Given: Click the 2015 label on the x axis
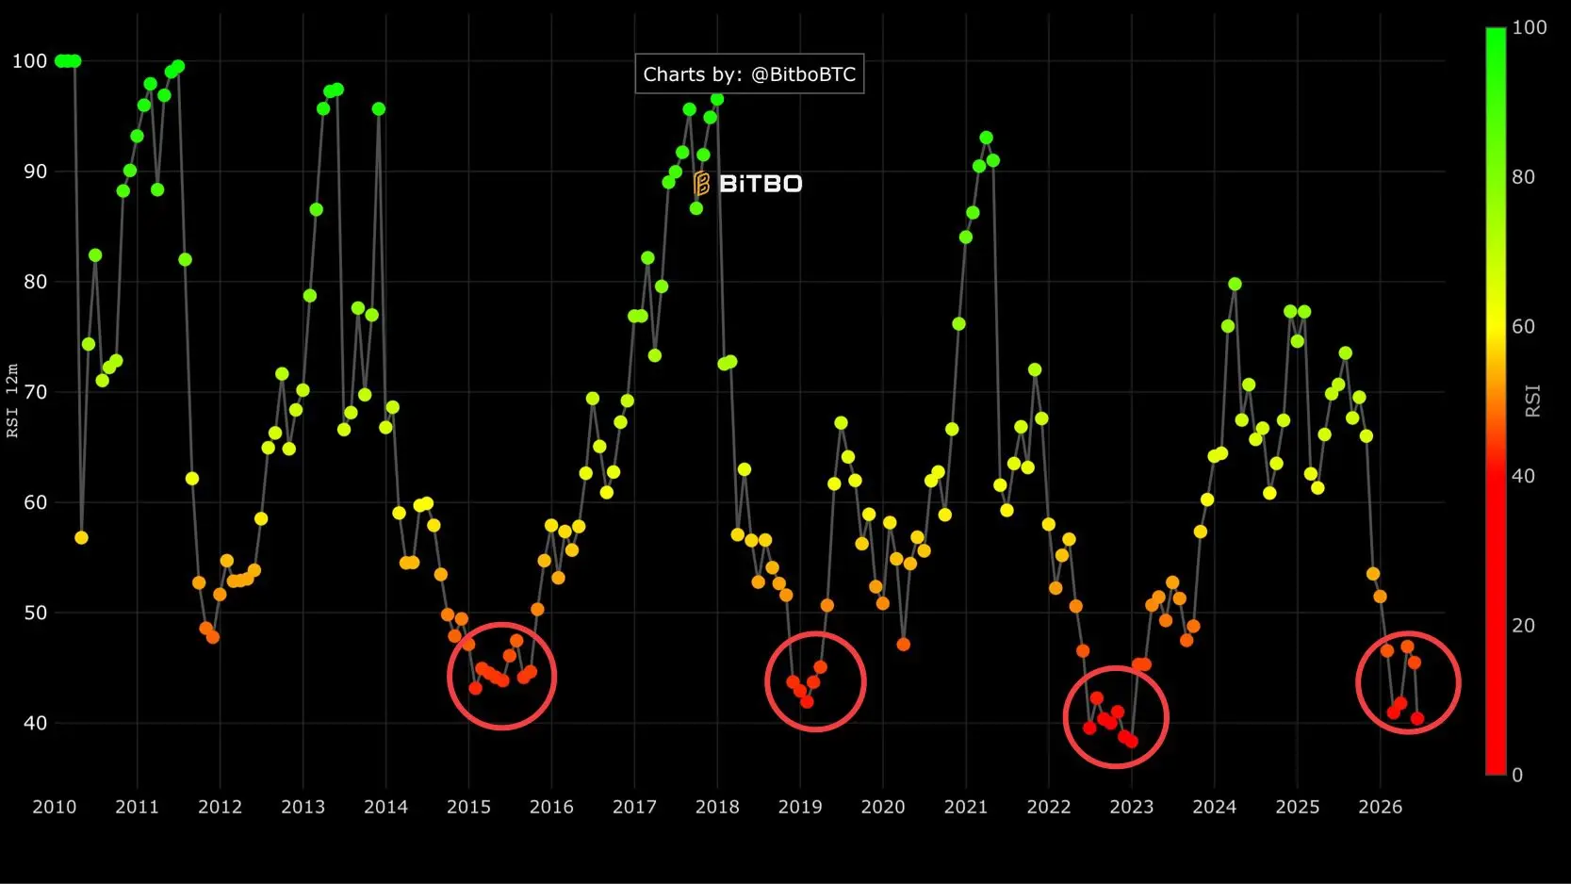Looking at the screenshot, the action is point(468,807).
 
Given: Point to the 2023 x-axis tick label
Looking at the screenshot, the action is point(1131,807).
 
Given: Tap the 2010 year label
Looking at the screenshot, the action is point(54,807).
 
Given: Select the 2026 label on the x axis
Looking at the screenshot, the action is point(1381,807).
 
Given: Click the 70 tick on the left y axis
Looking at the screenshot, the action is point(35,391).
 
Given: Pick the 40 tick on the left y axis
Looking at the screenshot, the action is point(35,723).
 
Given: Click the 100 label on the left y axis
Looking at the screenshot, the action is point(29,61).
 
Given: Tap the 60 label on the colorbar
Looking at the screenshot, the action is point(1523,326).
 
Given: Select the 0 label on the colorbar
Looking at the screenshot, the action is point(1517,775).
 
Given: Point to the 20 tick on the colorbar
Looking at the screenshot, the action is point(1523,625).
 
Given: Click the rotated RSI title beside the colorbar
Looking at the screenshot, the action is point(1533,401).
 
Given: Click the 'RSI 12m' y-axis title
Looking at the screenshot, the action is point(12,401).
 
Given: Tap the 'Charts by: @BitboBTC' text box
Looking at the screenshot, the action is point(749,74).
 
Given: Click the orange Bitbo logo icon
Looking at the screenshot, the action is point(701,183).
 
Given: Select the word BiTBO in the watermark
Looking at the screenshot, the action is point(761,184).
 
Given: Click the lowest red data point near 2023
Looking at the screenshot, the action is point(1131,741).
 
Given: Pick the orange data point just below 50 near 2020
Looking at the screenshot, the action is point(904,644).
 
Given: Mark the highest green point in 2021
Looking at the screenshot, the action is point(986,138).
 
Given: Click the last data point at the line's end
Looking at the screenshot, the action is point(1416,718).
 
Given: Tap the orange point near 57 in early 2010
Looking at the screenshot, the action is point(81,537).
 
